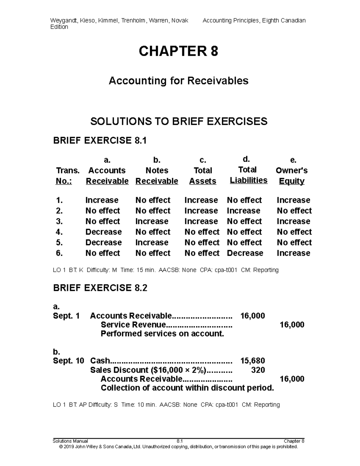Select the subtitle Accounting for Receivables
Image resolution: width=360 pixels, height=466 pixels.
point(178,81)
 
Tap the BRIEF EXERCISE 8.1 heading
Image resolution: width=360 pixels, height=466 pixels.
point(100,140)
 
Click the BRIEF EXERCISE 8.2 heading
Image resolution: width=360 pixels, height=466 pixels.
point(100,288)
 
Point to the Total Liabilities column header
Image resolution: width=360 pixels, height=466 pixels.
point(248,175)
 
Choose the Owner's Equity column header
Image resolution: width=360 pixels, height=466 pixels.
point(292,176)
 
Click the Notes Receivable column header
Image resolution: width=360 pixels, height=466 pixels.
point(157,176)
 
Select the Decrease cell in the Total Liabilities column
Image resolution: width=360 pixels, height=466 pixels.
point(245,253)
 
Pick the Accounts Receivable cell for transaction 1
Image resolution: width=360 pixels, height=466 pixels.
point(102,200)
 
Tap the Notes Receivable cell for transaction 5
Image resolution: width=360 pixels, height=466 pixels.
point(151,242)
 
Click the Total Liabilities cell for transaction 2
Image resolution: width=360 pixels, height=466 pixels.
point(243,211)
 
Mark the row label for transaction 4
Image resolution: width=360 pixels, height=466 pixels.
point(59,232)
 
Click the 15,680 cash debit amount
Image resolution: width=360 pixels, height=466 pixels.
point(253,361)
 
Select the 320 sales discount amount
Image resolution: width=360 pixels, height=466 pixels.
point(258,370)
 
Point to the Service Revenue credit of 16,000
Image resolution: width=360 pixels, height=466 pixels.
point(292,325)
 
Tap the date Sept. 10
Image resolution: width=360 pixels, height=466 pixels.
point(68,361)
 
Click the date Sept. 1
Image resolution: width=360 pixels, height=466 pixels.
point(66,316)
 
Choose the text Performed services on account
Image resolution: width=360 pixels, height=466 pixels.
point(162,334)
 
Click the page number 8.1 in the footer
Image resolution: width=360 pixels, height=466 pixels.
point(180,441)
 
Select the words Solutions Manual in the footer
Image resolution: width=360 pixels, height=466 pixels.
point(70,441)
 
